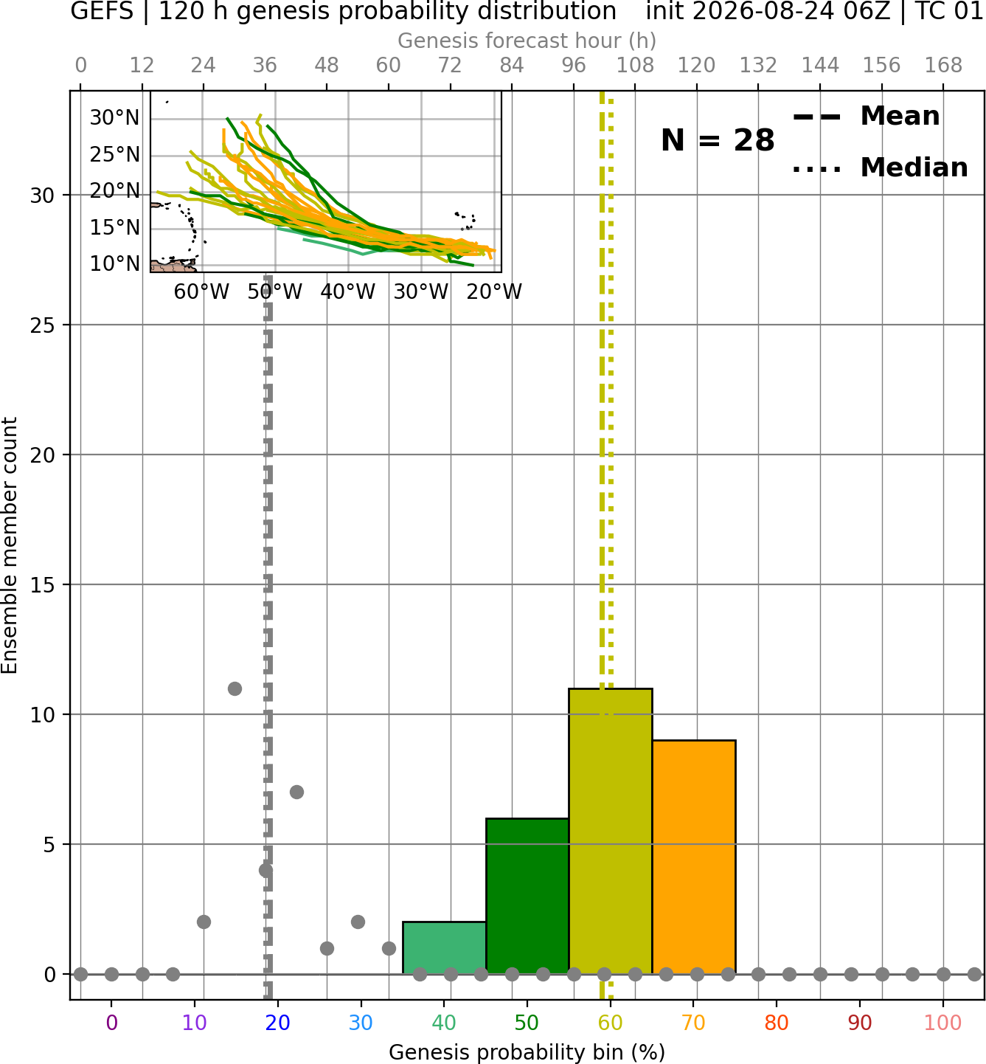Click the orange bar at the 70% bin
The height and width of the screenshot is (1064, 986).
coord(694,857)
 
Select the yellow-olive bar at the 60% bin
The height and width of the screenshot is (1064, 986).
coord(611,831)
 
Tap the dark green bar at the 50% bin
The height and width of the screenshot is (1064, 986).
coord(527,897)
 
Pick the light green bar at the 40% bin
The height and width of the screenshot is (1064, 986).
coord(444,948)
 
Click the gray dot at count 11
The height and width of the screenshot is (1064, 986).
coord(235,688)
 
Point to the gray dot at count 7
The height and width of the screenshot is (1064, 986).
coord(296,792)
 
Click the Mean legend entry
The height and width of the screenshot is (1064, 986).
coord(866,117)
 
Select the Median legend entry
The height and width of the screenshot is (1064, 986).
coord(881,167)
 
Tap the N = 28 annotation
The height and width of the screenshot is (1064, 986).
coord(718,140)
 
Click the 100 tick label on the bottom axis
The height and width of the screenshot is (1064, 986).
coord(943,1023)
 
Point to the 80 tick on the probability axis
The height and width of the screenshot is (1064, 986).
coord(777,1023)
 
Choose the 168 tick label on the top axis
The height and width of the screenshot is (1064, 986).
coord(943,66)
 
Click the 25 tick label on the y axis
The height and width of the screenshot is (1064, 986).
coord(43,325)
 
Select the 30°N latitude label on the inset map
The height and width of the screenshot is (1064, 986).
coord(114,117)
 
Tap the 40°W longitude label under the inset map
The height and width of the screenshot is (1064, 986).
coord(348,292)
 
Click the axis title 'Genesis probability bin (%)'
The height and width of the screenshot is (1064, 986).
coord(527,1052)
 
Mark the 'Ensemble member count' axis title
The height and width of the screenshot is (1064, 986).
coord(9,545)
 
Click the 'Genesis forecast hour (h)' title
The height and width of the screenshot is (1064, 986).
coord(527,41)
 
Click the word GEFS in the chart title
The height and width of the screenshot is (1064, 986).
coord(102,11)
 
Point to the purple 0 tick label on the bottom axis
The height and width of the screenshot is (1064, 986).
coord(111,1023)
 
